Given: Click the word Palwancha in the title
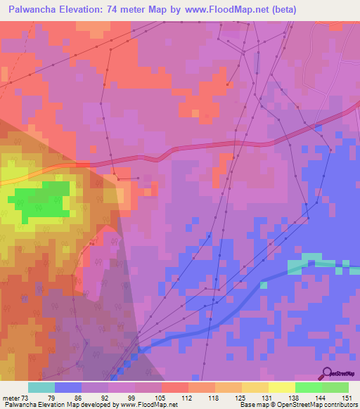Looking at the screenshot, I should point(33,10).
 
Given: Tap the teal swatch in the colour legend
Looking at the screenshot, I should point(41,387).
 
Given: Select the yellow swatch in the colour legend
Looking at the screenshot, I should point(281,387).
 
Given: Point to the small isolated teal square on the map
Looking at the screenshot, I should point(264,285).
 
